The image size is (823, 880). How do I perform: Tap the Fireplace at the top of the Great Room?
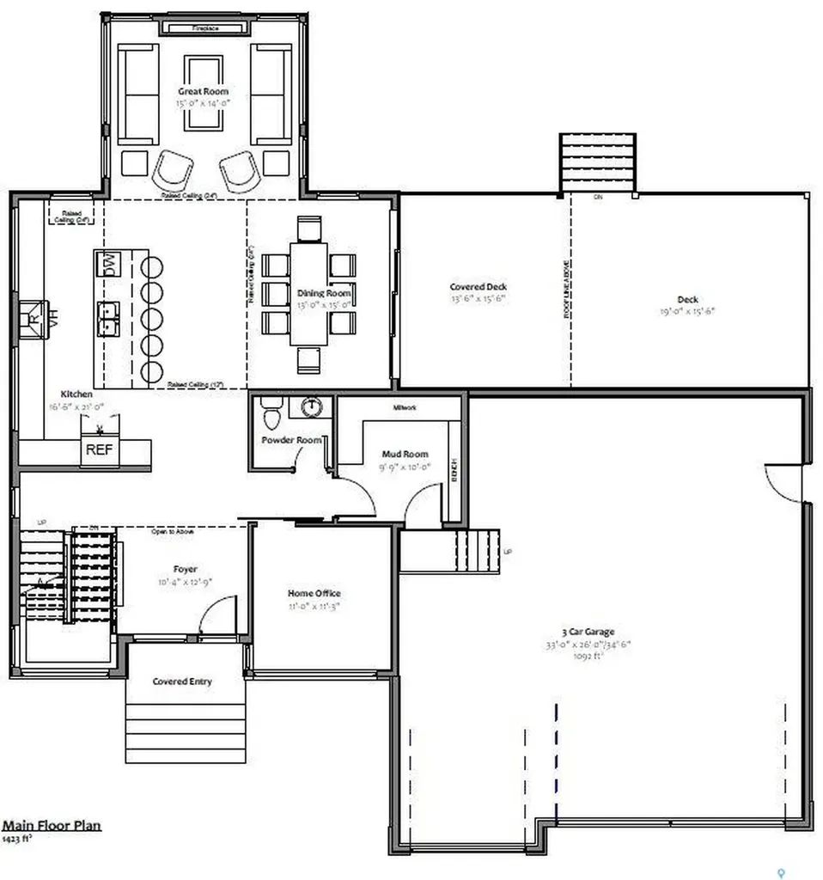[x=205, y=28]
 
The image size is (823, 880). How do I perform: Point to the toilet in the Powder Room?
[x=271, y=417]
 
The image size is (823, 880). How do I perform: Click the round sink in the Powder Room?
[x=313, y=406]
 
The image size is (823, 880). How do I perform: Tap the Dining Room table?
[x=308, y=294]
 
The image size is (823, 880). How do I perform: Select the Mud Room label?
[x=405, y=454]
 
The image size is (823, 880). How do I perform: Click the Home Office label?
[x=314, y=593]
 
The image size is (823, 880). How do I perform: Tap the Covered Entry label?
[x=182, y=681]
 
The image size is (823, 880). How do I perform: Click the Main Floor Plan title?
[x=52, y=825]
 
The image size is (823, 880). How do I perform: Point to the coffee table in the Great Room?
[x=204, y=94]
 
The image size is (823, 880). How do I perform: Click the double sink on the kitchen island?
[x=109, y=317]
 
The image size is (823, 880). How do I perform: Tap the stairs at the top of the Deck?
[x=597, y=162]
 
